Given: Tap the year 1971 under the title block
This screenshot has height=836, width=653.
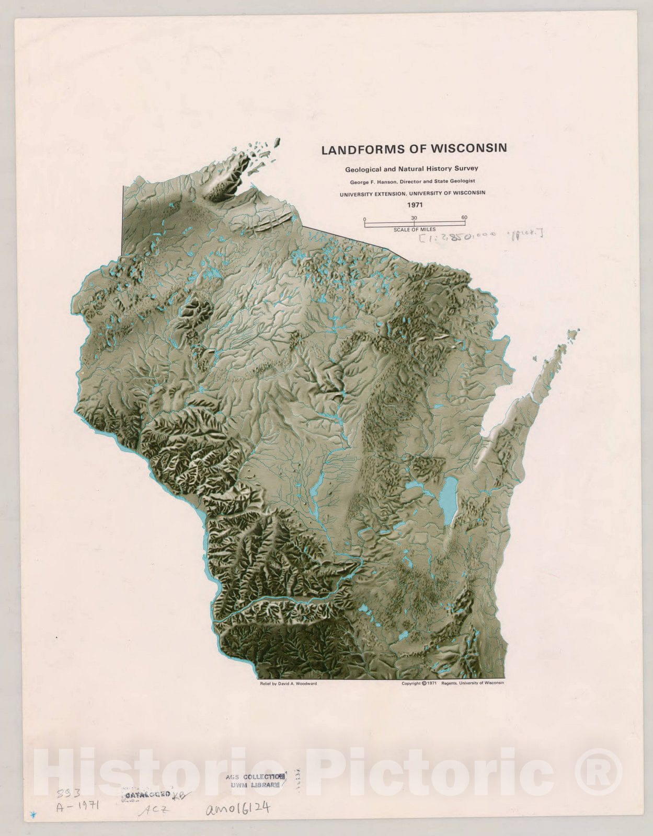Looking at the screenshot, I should click(415, 205).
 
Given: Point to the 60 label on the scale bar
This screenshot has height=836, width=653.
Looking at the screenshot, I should click(464, 217).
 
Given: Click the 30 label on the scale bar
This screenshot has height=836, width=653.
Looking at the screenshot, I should click(414, 217).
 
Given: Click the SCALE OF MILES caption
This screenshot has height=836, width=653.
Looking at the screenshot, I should click(415, 229).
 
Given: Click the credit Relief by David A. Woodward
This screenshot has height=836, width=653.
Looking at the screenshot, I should click(288, 683).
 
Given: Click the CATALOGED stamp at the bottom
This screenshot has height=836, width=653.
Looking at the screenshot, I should click(146, 794).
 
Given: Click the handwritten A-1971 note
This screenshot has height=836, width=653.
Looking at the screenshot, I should click(77, 805).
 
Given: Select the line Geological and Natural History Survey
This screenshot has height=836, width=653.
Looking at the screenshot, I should click(411, 169).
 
